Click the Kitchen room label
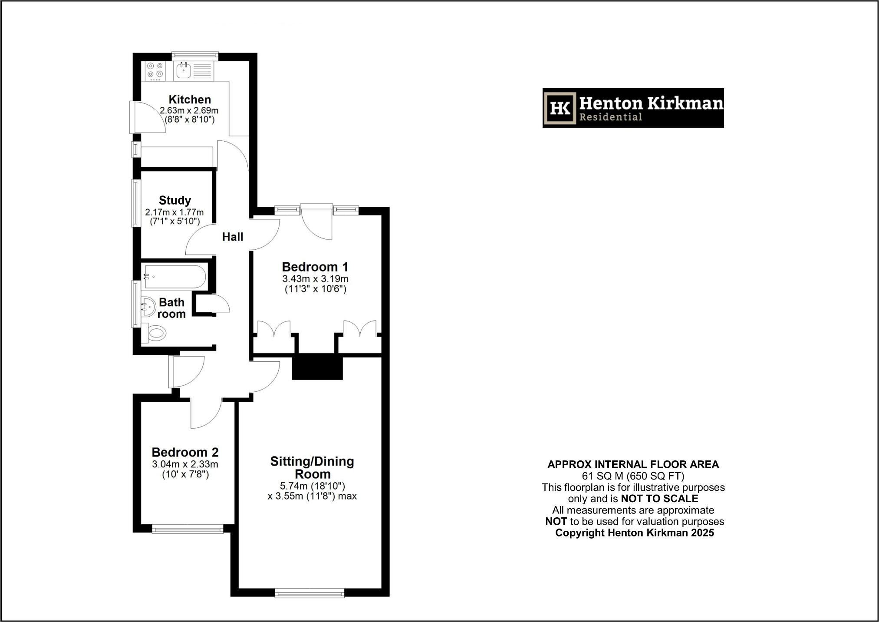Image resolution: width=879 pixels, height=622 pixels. [x=190, y=99]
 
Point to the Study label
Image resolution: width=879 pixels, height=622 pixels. [x=175, y=200]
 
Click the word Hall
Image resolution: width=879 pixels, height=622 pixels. [x=233, y=237]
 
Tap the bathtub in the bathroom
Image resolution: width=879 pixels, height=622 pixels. [x=174, y=276]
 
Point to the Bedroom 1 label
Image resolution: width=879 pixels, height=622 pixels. [x=315, y=267]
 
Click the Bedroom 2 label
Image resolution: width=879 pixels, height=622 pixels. [x=185, y=452]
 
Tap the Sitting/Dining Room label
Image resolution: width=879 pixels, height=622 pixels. [x=312, y=467]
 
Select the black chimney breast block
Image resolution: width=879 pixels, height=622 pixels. [x=317, y=367]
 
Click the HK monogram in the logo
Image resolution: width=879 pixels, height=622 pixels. [x=560, y=108]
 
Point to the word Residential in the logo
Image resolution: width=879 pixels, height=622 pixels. [x=611, y=117]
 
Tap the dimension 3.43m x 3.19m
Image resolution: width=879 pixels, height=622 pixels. [x=315, y=278]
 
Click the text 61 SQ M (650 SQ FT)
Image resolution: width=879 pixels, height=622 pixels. [x=633, y=476]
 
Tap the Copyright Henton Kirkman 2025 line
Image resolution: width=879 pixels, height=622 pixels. [x=634, y=533]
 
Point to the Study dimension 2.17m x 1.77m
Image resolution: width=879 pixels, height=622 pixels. [x=174, y=212]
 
